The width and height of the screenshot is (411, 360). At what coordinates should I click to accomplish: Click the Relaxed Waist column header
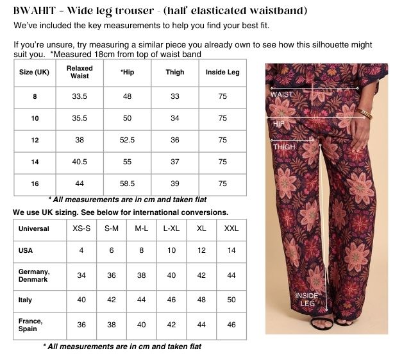pyautogui.click(x=80, y=73)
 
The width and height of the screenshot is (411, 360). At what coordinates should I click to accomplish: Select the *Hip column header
pyautogui.click(x=128, y=73)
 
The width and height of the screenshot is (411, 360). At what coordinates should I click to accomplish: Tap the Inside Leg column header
pyautogui.click(x=222, y=73)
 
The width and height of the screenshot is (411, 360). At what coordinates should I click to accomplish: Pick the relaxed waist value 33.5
pyautogui.click(x=80, y=96)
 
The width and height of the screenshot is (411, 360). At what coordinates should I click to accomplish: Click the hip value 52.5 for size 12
pyautogui.click(x=128, y=140)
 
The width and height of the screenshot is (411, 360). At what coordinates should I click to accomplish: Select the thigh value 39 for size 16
pyautogui.click(x=175, y=184)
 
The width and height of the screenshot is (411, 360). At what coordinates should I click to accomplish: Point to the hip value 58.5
pyautogui.click(x=128, y=184)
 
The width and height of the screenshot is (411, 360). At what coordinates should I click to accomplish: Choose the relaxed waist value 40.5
pyautogui.click(x=80, y=162)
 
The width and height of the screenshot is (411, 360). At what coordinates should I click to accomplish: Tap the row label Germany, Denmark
pyautogui.click(x=34, y=275)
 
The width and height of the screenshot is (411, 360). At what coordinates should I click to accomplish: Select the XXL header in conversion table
pyautogui.click(x=231, y=229)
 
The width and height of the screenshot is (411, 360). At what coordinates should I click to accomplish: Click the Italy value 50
pyautogui.click(x=231, y=300)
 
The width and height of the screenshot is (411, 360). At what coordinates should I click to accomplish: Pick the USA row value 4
pyautogui.click(x=81, y=250)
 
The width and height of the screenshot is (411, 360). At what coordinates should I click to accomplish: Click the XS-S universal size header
pyautogui.click(x=81, y=229)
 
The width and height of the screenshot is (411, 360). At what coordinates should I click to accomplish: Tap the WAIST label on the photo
pyautogui.click(x=281, y=94)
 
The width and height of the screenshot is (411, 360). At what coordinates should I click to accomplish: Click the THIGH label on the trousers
pyautogui.click(x=284, y=147)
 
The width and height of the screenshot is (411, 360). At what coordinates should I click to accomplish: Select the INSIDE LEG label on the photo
pyautogui.click(x=306, y=299)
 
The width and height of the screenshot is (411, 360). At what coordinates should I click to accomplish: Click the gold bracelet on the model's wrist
pyautogui.click(x=365, y=114)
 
